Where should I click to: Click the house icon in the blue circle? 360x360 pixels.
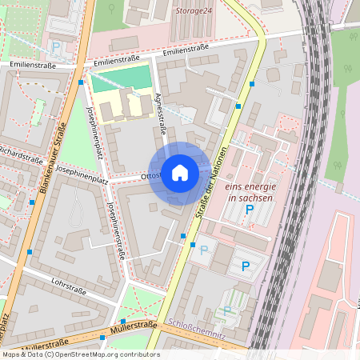click(x=180, y=173)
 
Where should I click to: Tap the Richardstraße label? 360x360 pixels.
click(x=19, y=152)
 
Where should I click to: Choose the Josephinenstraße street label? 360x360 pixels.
click(x=116, y=230)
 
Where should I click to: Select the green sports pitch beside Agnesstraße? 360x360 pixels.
click(x=120, y=79)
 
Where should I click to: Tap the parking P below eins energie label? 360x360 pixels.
click(x=249, y=210)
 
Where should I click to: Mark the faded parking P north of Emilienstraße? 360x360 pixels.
click(x=56, y=46)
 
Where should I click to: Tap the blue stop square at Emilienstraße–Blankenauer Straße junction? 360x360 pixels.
click(x=81, y=82)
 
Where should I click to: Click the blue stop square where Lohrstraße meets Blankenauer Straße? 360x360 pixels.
click(x=30, y=252)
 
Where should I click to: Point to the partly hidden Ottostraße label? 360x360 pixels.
click(x=151, y=174)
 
